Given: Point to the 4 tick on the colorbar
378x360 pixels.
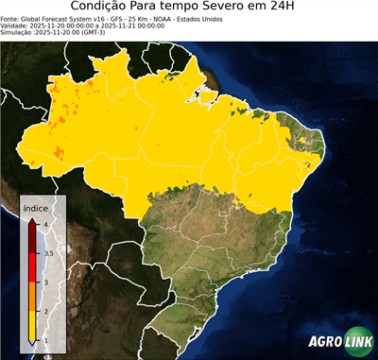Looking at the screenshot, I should click(x=45, y=224).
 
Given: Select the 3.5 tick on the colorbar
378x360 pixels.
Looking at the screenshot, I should click(x=47, y=253).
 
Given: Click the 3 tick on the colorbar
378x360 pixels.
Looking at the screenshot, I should click(x=45, y=282).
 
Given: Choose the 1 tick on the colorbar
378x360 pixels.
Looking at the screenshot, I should click(x=45, y=339).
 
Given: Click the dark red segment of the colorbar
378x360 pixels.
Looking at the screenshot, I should click(x=34, y=239).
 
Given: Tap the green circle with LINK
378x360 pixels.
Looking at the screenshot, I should click(x=357, y=342).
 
